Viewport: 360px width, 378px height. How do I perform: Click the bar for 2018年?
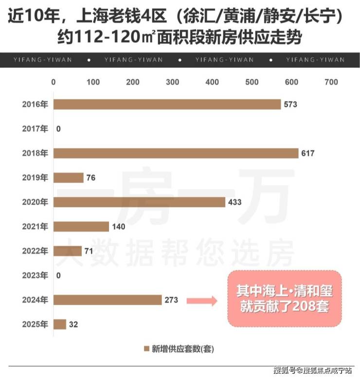tap(176, 154)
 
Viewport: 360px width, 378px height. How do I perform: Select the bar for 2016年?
tap(167, 104)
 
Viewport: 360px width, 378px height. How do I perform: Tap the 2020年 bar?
tap(139, 202)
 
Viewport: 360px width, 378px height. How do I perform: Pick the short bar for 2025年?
tap(59, 324)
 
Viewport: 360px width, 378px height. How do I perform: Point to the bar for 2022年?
tap(68, 251)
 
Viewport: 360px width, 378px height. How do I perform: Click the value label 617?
tap(308, 154)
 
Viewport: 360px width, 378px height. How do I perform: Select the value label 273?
tap(171, 300)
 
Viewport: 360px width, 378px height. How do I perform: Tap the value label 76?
tap(90, 178)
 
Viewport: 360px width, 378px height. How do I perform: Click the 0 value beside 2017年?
tap(58, 129)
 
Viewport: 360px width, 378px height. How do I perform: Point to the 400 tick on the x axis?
tap(212, 82)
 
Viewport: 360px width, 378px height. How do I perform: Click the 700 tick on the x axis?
tap(331, 82)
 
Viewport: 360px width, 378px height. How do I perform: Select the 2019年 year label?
tap(35, 178)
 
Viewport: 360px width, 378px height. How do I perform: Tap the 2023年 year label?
tap(35, 275)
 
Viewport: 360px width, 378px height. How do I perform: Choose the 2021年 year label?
tap(35, 226)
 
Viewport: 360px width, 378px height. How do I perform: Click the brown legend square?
tap(146, 348)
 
